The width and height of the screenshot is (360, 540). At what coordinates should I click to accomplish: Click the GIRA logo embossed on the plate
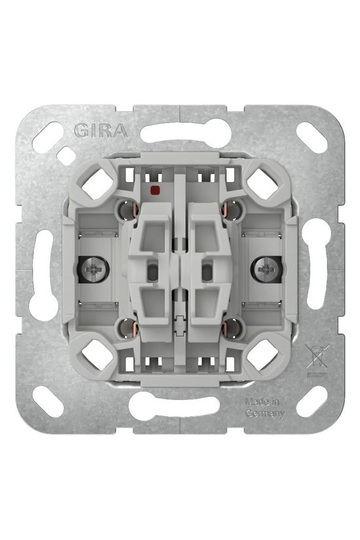click(101, 130)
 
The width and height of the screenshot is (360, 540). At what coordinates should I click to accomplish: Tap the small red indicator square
click(154, 189)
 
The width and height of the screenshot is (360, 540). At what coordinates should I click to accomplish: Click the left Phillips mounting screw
click(93, 270)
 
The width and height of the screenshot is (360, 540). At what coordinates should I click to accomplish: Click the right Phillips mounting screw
click(266, 270)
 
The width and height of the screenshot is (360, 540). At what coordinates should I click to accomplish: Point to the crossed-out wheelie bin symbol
click(317, 357)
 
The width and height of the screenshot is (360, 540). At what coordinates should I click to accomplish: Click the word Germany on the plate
click(265, 414)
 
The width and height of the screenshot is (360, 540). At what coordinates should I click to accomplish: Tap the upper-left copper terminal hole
click(129, 210)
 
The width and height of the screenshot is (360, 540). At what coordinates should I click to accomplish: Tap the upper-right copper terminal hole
click(231, 210)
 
